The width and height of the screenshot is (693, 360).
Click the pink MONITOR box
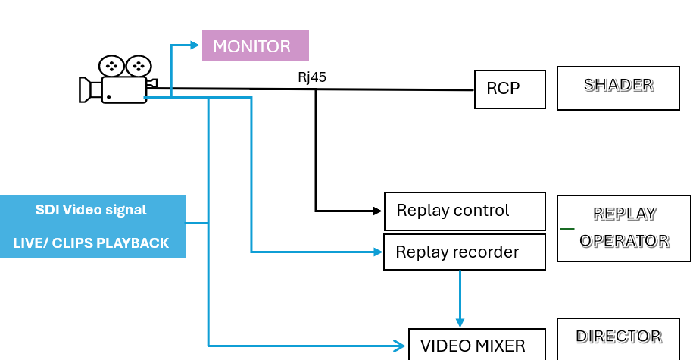tap(255, 45)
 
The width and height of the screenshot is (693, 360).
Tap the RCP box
tap(510, 89)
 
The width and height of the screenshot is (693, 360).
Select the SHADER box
tap(618, 88)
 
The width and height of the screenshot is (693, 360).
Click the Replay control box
tap(464, 211)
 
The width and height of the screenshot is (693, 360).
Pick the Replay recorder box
tap(464, 252)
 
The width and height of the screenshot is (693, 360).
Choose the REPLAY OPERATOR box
tap(624, 228)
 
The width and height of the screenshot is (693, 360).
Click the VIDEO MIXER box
tap(476, 345)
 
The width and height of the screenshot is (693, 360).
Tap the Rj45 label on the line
tap(312, 77)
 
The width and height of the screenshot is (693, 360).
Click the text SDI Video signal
tap(91, 210)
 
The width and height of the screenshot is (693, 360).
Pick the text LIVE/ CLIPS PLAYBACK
tap(91, 243)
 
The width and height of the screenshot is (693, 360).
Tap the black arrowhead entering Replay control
tap(378, 211)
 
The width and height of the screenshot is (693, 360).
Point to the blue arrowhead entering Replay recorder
tap(378, 252)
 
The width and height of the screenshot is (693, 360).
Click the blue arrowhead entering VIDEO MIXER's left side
tap(401, 346)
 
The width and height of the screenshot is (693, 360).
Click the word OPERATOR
tap(624, 241)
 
